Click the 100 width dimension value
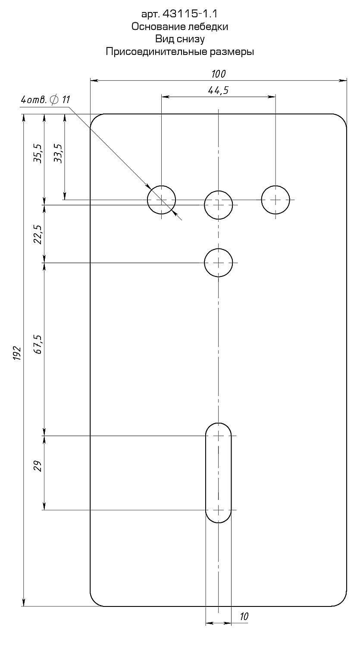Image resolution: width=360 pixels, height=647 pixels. (x=218, y=74)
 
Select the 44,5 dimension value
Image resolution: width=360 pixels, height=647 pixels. (x=218, y=91)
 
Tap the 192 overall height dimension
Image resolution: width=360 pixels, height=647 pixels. (x=18, y=353)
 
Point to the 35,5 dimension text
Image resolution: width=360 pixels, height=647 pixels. (x=38, y=154)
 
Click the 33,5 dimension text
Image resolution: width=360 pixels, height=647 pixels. (x=58, y=154)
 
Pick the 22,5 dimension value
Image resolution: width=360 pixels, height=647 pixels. (x=38, y=234)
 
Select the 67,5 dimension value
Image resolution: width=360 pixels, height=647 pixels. (x=38, y=344)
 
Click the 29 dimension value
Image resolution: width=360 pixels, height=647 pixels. (x=38, y=466)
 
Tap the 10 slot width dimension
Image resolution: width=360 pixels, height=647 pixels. (x=244, y=616)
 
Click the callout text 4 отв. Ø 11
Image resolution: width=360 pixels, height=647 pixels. (x=45, y=100)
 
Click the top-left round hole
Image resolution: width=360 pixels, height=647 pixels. (x=161, y=200)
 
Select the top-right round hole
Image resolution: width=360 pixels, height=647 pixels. (x=275, y=200)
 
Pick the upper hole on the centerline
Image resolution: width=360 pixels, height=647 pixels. (x=218, y=205)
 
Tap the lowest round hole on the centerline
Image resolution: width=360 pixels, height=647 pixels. (x=218, y=263)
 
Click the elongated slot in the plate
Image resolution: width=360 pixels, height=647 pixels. (x=218, y=473)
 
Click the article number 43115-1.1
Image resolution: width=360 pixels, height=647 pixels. (x=190, y=13)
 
